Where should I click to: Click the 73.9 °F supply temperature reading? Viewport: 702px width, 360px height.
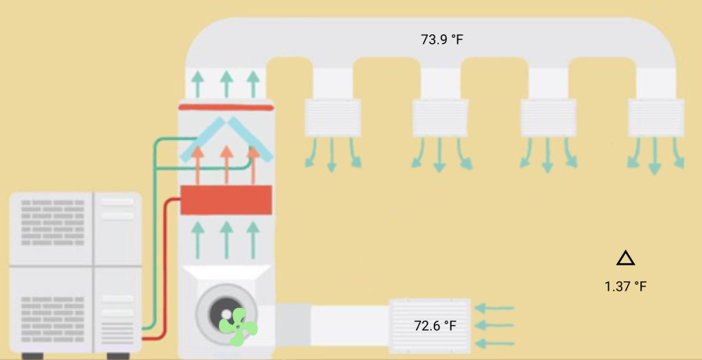point(442,39)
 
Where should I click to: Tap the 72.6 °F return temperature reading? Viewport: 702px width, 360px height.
point(435,325)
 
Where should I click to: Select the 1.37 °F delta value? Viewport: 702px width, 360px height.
point(625,286)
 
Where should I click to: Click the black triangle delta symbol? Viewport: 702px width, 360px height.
point(625,259)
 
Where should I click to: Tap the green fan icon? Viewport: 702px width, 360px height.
point(237,327)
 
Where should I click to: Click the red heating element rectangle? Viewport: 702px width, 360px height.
point(226,200)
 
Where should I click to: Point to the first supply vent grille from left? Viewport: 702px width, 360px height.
point(332,117)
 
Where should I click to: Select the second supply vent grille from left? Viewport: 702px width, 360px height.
point(440,117)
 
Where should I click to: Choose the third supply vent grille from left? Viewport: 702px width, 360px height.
point(548,117)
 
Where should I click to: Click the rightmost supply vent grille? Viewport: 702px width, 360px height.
point(656,117)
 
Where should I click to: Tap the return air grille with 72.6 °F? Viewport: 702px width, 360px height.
point(429,326)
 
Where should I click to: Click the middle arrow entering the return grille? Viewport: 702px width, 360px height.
point(495,325)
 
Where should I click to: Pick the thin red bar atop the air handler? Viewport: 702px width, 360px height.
point(226,107)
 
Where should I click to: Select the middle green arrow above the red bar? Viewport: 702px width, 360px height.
point(226,84)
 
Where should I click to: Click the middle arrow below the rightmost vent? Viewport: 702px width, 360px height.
point(656,156)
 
